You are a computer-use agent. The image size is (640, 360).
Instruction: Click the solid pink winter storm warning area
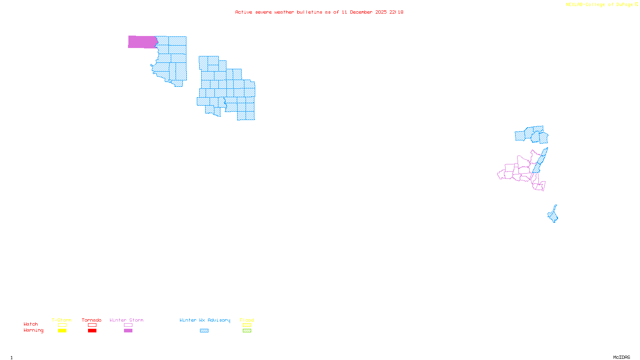click(142, 42)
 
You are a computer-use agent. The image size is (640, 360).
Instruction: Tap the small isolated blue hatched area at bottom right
click(553, 216)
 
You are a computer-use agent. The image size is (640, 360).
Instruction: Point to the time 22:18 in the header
click(396, 12)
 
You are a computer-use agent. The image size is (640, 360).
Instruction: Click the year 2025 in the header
click(381, 12)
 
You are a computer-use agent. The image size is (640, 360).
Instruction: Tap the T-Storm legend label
click(62, 320)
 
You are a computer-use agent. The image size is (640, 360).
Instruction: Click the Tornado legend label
click(92, 320)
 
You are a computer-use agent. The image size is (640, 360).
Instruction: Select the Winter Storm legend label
click(126, 320)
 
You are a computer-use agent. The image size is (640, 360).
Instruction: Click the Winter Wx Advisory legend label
click(205, 320)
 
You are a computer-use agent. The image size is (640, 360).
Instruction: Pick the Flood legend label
click(247, 320)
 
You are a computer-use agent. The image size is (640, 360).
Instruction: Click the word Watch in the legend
click(31, 324)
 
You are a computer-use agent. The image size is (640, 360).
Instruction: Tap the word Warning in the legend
click(33, 330)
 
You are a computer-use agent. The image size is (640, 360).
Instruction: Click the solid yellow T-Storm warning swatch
click(62, 331)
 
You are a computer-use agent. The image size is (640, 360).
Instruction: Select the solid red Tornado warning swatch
click(92, 331)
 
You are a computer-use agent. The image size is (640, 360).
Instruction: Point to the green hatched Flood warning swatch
click(247, 331)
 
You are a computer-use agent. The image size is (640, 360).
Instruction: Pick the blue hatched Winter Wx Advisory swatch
click(204, 331)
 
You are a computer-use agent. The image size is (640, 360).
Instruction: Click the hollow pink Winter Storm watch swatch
click(128, 325)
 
